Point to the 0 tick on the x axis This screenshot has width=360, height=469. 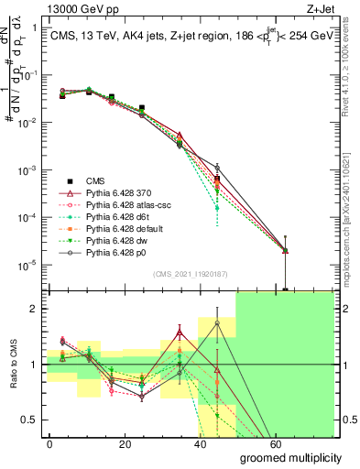click(x=49, y=443)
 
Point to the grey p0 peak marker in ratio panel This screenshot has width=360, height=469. click(x=216, y=322)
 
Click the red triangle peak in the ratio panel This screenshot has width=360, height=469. click(x=180, y=333)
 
